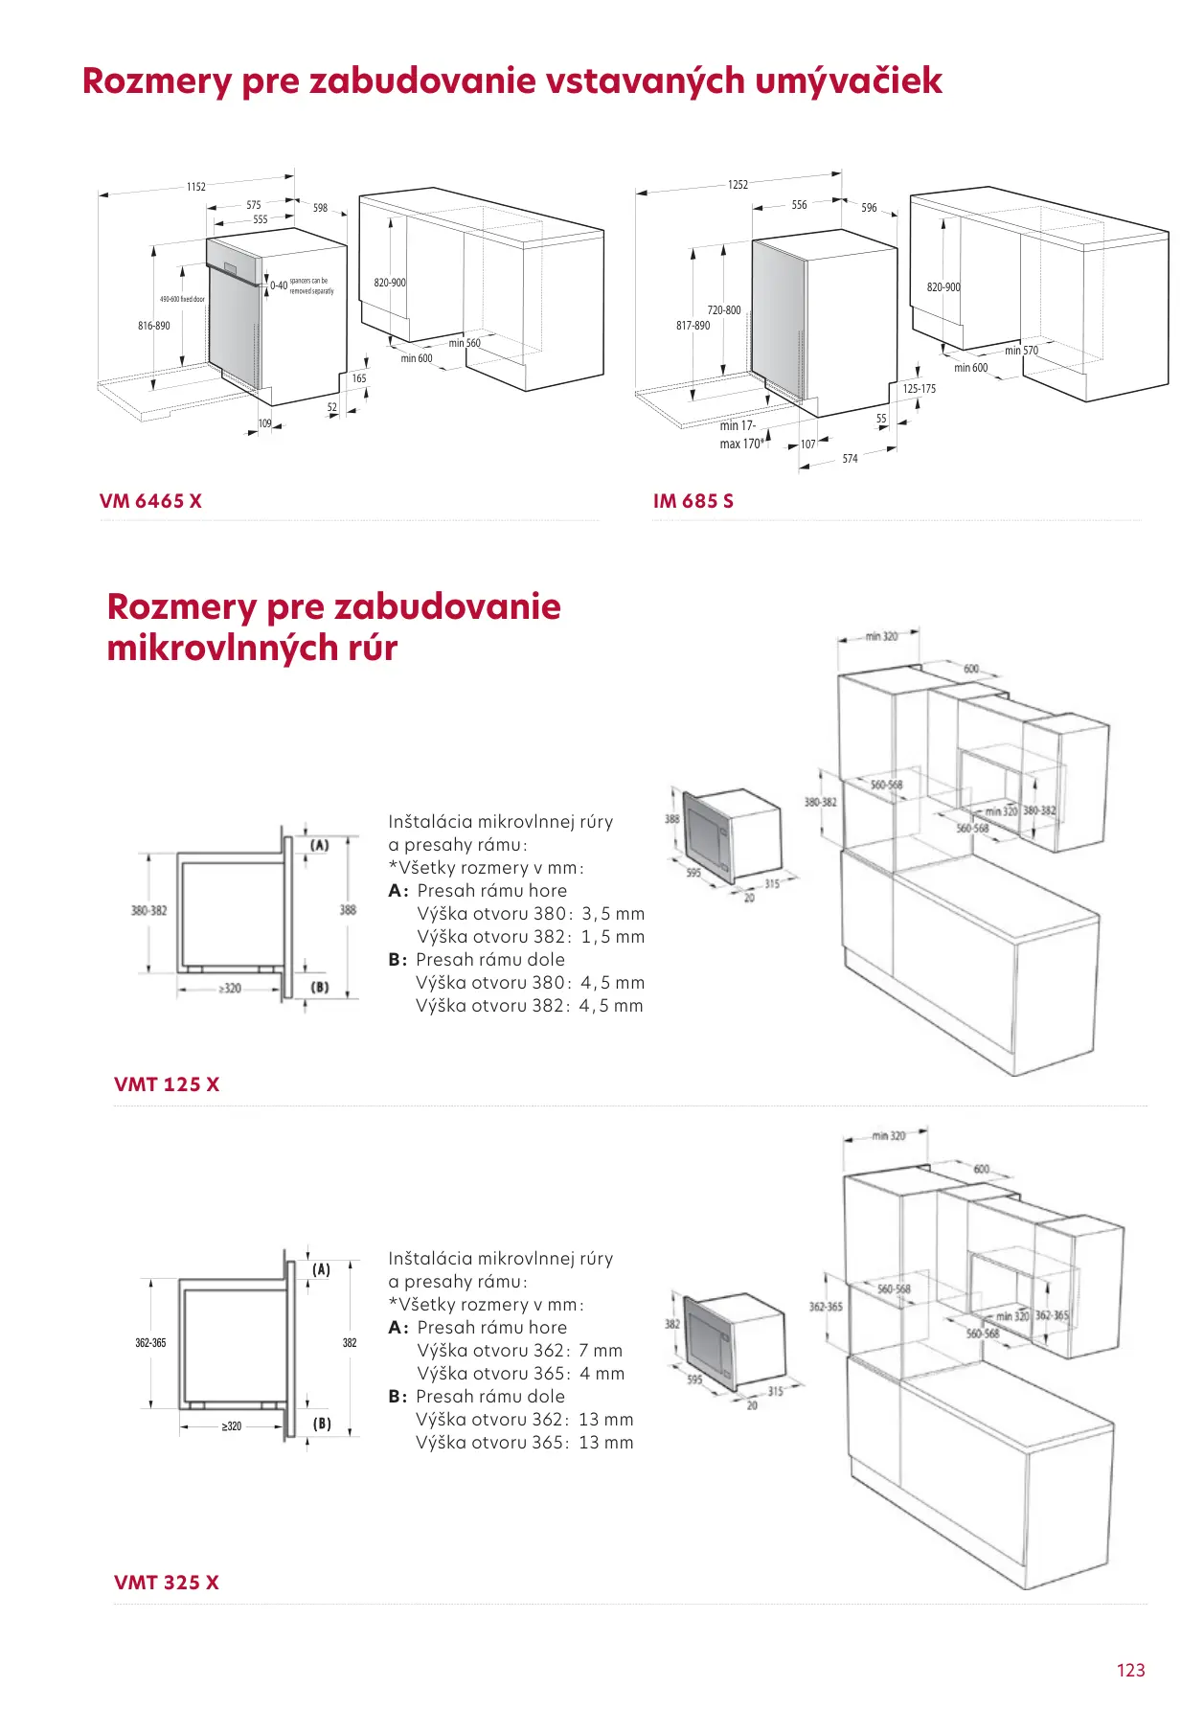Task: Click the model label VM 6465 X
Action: coord(150,501)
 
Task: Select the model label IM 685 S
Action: coord(693,501)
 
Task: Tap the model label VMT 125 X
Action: coord(166,1084)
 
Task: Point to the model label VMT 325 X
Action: coord(166,1583)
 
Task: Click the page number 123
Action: coord(1130,1671)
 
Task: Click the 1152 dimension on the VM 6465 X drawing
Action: coord(196,187)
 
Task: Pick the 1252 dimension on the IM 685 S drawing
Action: coord(738,185)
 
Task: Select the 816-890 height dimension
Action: coord(154,326)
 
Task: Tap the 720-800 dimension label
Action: coord(724,310)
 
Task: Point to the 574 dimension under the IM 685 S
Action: coord(850,459)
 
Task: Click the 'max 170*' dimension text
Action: coord(741,445)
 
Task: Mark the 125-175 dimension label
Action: coord(919,389)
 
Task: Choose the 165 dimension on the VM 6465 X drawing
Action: coord(359,378)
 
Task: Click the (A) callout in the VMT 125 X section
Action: coord(320,845)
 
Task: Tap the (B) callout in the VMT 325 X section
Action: coord(322,1424)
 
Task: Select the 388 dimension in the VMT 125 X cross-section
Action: coord(348,910)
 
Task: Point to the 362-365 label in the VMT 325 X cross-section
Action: coord(150,1343)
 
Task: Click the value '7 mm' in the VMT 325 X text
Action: coord(601,1351)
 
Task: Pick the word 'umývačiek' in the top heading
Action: coord(849,80)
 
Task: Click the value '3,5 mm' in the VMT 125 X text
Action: coord(613,914)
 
